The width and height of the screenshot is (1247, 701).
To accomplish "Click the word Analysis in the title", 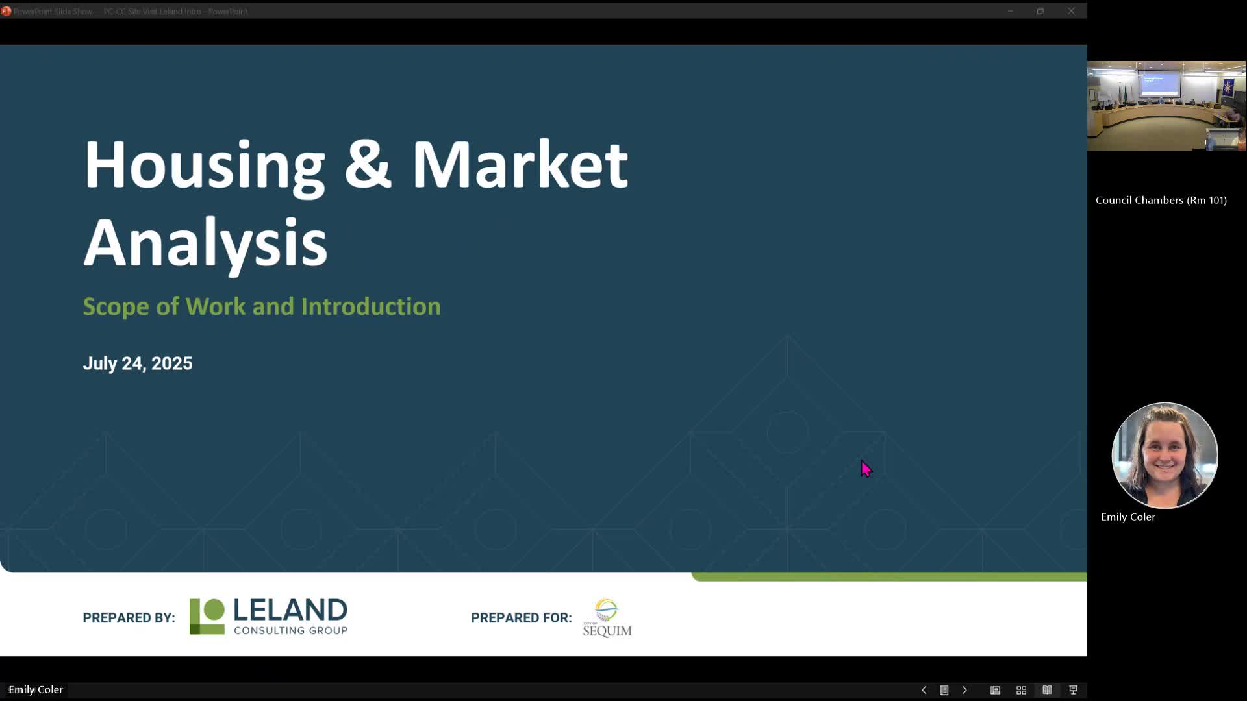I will pos(205,243).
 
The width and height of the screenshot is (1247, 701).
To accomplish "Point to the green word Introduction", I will pos(370,306).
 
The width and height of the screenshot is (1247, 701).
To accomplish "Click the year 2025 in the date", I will pos(172,363).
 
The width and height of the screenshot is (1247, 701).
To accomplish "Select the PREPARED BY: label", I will pos(129,618).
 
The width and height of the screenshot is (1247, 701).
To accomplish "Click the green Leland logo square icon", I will pos(207,617).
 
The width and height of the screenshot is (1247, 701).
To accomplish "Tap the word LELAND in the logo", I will pos(290,610).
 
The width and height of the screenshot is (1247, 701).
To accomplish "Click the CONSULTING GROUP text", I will pos(290,630).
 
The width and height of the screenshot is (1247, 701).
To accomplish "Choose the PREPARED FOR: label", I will pos(521,618).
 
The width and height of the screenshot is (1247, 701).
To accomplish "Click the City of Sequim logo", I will pos(607,618).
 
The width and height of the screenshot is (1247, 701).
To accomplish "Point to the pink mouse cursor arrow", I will pos(866,468).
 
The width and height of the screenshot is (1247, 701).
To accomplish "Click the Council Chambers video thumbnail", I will pos(1166,106).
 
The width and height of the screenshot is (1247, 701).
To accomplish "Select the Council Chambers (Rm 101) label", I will pos(1161,201).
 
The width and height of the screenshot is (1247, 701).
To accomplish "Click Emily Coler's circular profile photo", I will pos(1165,455).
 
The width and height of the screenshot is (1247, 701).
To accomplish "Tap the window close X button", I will pos(1071,11).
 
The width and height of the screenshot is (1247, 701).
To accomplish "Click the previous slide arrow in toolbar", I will pos(924,690).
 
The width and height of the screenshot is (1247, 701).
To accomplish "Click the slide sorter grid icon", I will pos(1021,690).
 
